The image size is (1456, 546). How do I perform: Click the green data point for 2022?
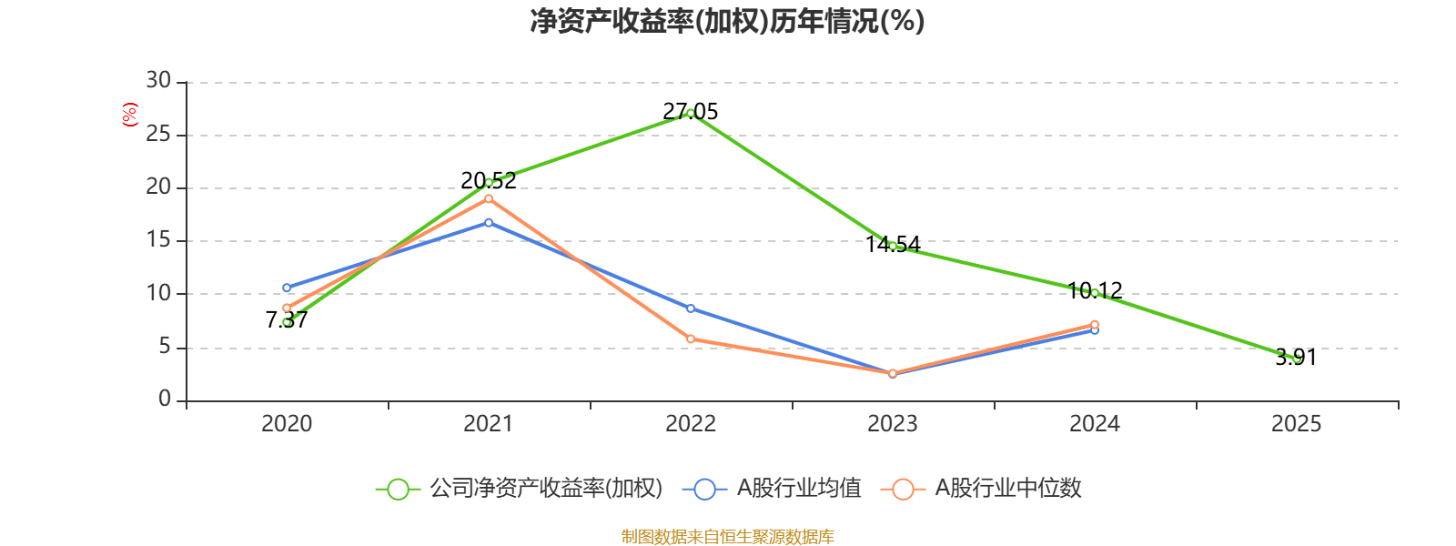pos(691,113)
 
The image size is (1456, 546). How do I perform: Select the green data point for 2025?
pos(1297,359)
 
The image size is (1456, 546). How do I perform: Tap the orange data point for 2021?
pos(489,198)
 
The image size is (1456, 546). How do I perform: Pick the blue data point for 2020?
pos(287,288)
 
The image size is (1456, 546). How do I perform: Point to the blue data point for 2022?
pos(691,308)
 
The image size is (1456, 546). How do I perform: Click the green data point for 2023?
pos(893,246)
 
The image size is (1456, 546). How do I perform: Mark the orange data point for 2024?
pos(1095,324)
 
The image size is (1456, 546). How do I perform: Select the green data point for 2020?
pos(287,322)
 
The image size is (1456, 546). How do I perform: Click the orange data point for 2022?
pos(691,339)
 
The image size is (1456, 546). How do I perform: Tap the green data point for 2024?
pos(1095,293)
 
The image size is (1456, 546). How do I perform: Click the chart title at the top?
pos(727,21)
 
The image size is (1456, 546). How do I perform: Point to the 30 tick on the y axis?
pos(158,81)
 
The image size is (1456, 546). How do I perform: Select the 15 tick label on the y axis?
pos(158,240)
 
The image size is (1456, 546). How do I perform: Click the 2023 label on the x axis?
pos(893,423)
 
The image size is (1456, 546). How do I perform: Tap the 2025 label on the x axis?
pos(1297,423)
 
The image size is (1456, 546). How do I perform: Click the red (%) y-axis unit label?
pos(130,115)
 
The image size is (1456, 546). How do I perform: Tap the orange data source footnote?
pos(727,536)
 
